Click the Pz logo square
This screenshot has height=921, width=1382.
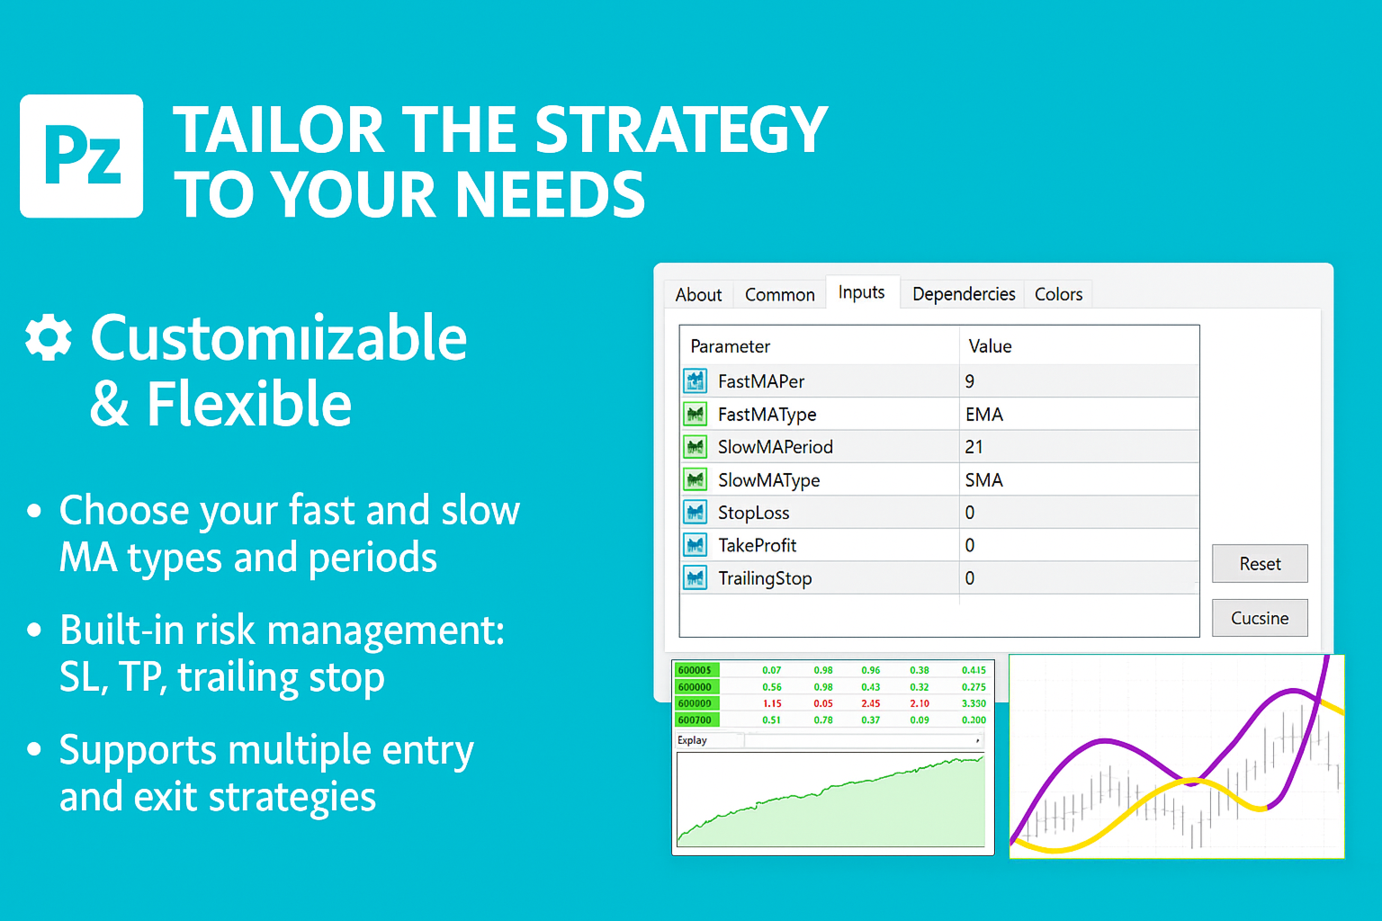pyautogui.click(x=82, y=156)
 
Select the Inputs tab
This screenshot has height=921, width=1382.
pyautogui.click(x=861, y=292)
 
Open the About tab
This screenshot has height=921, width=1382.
pyautogui.click(x=698, y=295)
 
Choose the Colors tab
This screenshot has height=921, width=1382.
pyautogui.click(x=1059, y=294)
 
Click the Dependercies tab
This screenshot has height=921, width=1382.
pyautogui.click(x=964, y=294)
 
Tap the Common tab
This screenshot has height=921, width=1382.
pyautogui.click(x=780, y=295)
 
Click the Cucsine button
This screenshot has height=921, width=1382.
pyautogui.click(x=1260, y=618)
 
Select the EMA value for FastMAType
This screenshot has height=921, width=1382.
pyautogui.click(x=984, y=415)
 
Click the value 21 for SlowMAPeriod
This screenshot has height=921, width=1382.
pyautogui.click(x=974, y=447)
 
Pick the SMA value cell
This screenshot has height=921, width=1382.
pyautogui.click(x=1079, y=480)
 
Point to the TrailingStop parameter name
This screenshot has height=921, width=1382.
pyautogui.click(x=765, y=578)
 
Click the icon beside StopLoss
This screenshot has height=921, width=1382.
pyautogui.click(x=695, y=512)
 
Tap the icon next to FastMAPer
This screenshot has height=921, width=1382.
pyautogui.click(x=695, y=381)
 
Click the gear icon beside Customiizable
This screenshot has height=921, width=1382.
pyautogui.click(x=48, y=337)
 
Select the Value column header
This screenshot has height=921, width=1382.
pyautogui.click(x=990, y=346)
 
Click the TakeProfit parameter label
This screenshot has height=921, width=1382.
pyautogui.click(x=757, y=545)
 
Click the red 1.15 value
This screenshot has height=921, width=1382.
pyautogui.click(x=772, y=703)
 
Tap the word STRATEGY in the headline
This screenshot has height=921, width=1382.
pyautogui.click(x=681, y=130)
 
